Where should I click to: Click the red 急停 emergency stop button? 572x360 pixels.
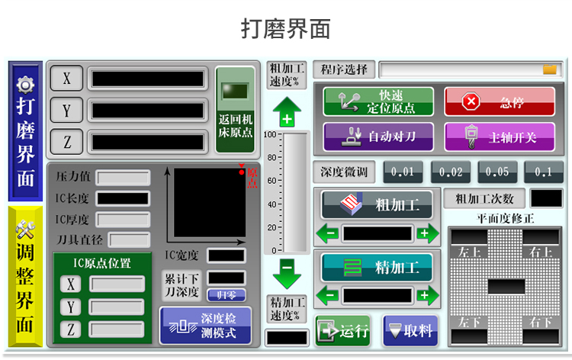coord(500,101)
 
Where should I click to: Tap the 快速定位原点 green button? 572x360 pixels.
coord(378,101)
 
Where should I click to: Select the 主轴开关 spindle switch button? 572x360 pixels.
coord(500,137)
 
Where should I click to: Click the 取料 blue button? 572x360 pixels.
coord(410,331)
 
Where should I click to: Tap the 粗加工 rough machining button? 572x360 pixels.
coord(377,204)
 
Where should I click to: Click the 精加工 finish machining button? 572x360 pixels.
coord(377,267)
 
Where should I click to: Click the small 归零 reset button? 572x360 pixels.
coord(227,294)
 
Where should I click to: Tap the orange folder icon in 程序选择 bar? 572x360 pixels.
coord(550,70)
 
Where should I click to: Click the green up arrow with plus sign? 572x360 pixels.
coord(287,112)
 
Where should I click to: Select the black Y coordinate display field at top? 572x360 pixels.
coord(148,110)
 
